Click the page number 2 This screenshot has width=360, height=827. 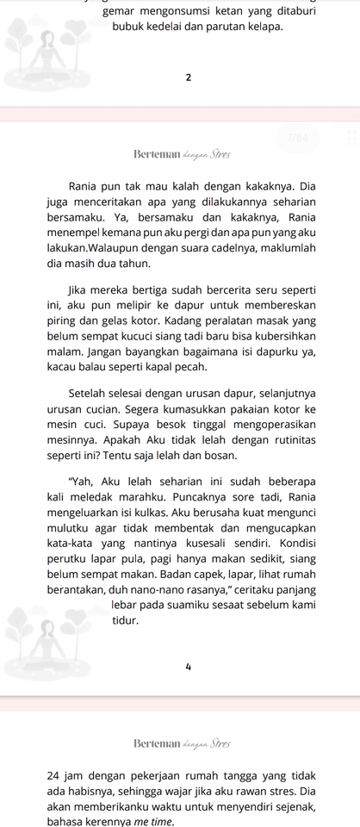(x=187, y=78)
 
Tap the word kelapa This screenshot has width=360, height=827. (x=264, y=27)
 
